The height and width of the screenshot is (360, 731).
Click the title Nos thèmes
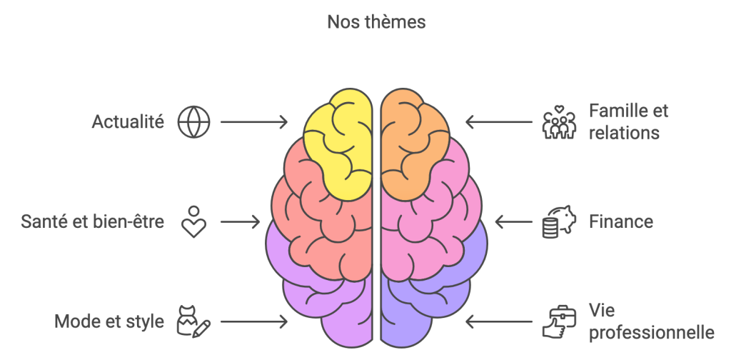376,22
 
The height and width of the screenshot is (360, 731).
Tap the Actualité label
128,122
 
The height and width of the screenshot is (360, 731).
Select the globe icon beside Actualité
193,122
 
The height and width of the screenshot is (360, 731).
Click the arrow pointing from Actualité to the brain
253,122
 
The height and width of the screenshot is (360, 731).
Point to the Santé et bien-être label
93,222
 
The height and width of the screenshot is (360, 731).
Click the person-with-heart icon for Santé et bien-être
193,221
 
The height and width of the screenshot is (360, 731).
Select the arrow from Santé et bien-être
240,222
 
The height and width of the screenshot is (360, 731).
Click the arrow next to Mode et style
253,322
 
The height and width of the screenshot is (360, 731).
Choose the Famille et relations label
628,122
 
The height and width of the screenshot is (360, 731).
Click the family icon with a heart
559,123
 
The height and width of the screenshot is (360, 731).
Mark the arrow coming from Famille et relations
499,122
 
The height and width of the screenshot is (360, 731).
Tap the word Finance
620,222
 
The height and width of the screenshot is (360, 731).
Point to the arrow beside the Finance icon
513,222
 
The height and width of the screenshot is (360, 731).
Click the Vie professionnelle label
651,321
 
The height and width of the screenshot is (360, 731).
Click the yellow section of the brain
339,146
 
